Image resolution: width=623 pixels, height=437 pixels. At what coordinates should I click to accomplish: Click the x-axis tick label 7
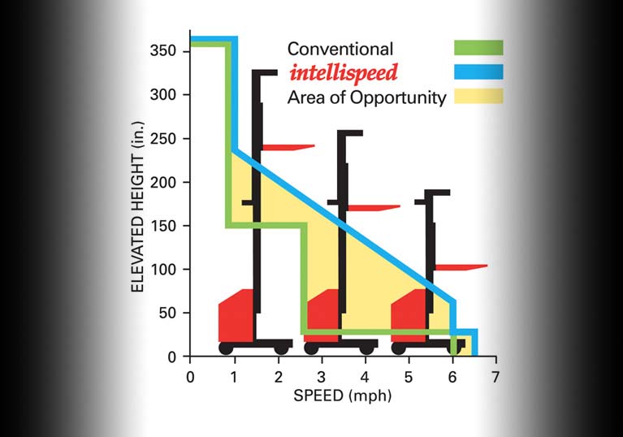[495, 377]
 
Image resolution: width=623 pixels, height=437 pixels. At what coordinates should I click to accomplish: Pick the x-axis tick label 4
[365, 377]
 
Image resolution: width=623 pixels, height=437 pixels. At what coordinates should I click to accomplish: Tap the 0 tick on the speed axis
[190, 377]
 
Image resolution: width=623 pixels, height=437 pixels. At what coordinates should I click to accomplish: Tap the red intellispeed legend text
[343, 73]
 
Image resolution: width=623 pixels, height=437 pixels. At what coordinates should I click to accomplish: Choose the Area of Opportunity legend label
[367, 98]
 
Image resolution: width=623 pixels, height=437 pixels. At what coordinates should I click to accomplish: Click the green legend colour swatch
[479, 48]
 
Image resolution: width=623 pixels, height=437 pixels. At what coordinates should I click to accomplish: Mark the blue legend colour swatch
[479, 72]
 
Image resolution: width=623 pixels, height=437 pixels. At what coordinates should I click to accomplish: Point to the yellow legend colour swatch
[479, 97]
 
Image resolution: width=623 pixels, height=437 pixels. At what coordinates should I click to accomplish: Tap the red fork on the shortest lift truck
[460, 266]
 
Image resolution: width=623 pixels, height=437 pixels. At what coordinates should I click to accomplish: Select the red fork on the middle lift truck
[373, 208]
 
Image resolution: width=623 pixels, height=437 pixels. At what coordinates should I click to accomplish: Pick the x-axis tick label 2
[278, 377]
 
